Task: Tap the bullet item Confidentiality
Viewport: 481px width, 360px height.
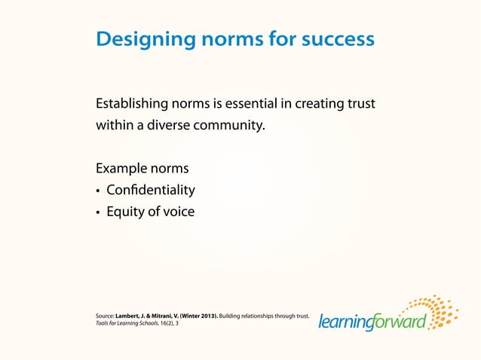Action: click(151, 190)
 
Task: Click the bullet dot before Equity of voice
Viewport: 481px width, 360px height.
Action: click(98, 213)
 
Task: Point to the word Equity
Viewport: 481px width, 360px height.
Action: click(125, 212)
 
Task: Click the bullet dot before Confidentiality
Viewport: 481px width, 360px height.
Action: click(98, 191)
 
